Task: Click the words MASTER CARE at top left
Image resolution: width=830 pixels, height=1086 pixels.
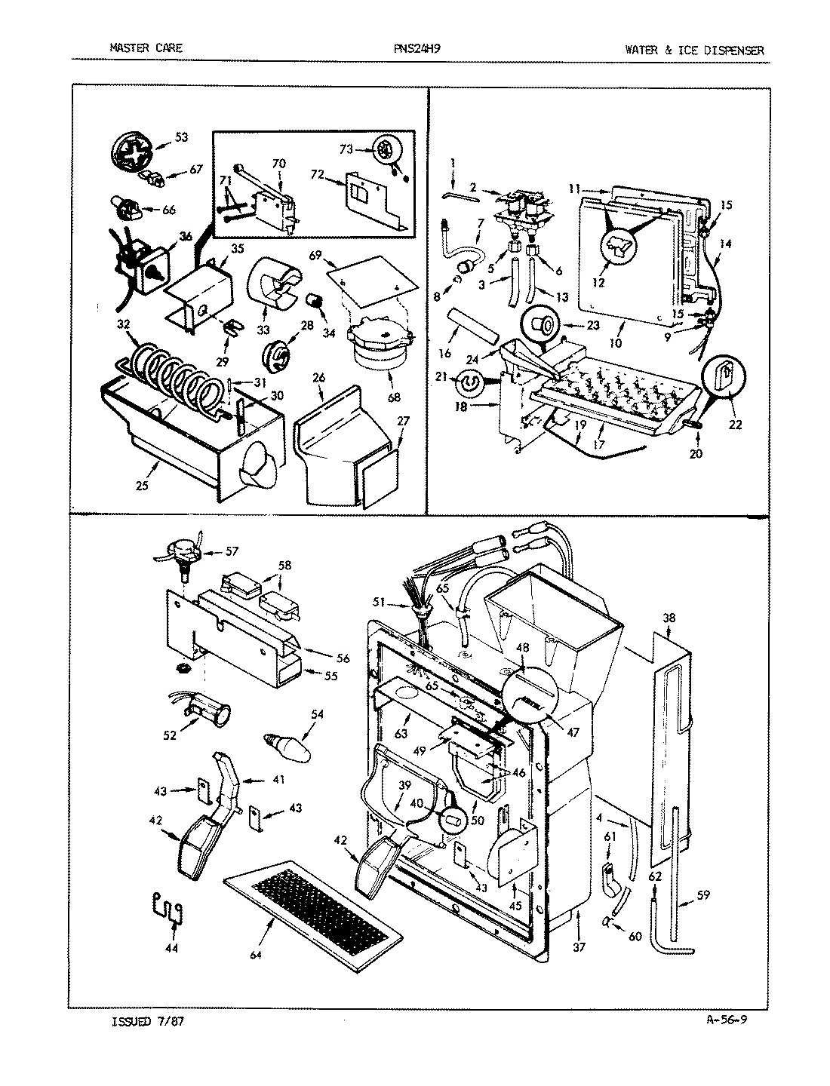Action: (x=146, y=49)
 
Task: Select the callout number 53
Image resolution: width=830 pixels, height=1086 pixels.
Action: (x=181, y=137)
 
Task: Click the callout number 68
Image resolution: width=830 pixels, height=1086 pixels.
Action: (x=394, y=397)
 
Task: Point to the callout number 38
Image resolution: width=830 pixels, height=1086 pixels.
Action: (x=669, y=617)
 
